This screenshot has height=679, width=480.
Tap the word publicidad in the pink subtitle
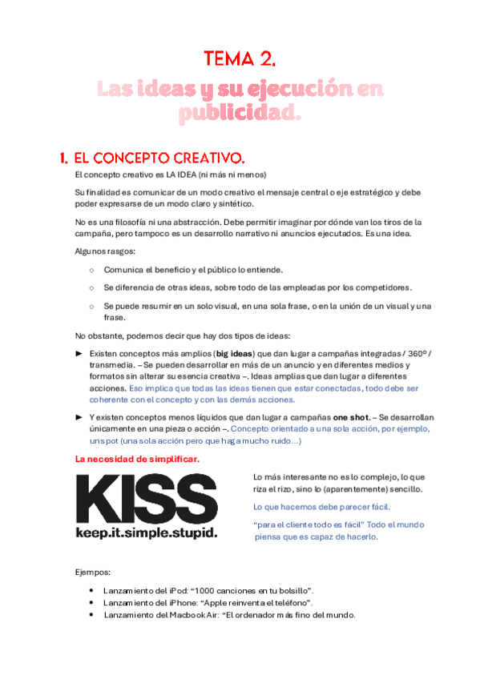coord(239,115)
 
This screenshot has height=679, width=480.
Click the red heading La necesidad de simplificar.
coord(137,460)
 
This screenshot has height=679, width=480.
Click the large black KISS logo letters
coord(146,500)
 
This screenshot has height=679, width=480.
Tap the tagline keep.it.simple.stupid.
coord(146,532)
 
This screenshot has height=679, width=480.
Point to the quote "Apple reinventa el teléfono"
coord(263,602)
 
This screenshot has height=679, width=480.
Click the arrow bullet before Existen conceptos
coord(79,353)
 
